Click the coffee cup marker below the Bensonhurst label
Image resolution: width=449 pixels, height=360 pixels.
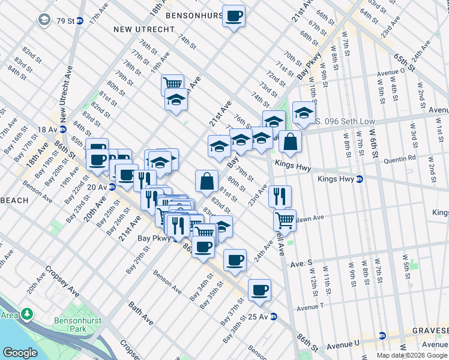coord(234,16)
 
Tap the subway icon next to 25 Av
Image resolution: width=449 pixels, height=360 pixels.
coord(273,316)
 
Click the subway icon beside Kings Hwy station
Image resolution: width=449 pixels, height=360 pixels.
coord(359,179)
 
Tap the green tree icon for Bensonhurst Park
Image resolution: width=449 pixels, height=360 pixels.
coord(27,314)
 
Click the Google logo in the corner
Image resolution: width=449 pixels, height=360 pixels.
coord(20,353)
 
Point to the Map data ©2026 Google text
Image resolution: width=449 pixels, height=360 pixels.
coord(412,355)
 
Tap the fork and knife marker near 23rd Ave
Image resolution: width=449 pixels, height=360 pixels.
coord(280,196)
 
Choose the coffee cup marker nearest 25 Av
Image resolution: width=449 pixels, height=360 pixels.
coord(259,290)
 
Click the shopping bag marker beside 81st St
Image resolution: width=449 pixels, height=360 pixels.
coord(206,181)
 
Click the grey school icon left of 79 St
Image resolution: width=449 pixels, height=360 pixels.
coord(44,20)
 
